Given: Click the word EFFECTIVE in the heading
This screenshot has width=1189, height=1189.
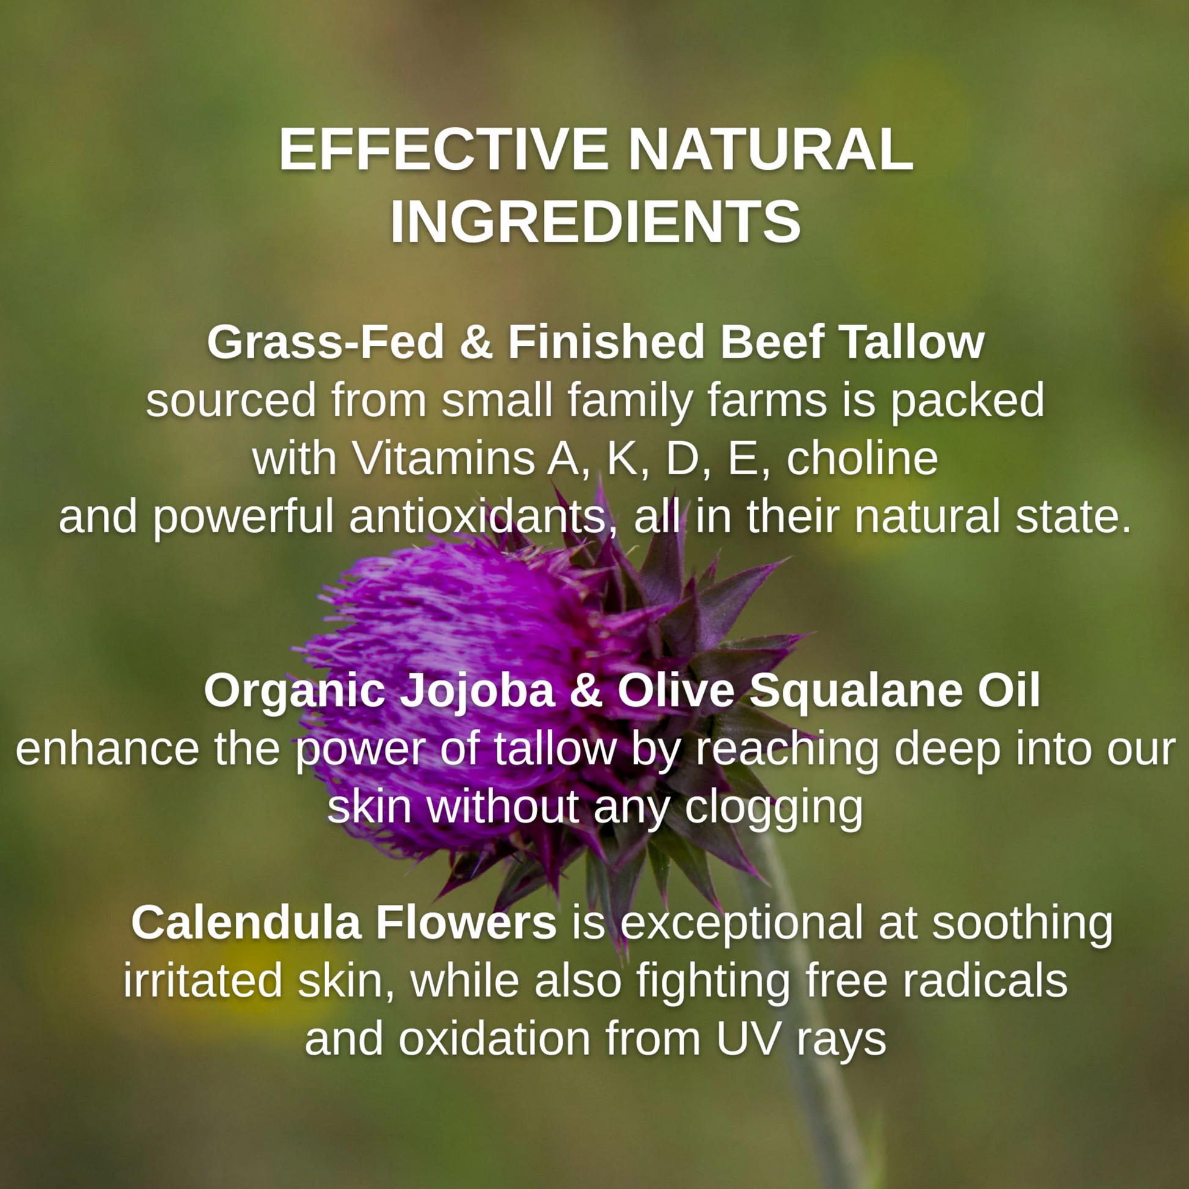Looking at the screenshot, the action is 444,150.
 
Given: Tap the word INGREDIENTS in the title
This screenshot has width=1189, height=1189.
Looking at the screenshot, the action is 595,222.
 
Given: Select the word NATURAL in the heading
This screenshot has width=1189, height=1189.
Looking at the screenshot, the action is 770,150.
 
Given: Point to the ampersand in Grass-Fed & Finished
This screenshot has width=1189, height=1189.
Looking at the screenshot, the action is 477,342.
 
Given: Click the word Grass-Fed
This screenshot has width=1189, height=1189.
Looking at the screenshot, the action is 326,343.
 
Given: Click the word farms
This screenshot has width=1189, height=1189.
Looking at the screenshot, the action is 766,400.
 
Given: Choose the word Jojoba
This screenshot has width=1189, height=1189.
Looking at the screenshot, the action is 478,690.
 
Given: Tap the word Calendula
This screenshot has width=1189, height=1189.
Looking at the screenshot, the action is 246,923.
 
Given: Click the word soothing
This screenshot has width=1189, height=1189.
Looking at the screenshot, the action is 1022,924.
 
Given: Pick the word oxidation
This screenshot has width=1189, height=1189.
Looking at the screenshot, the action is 494,1039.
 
